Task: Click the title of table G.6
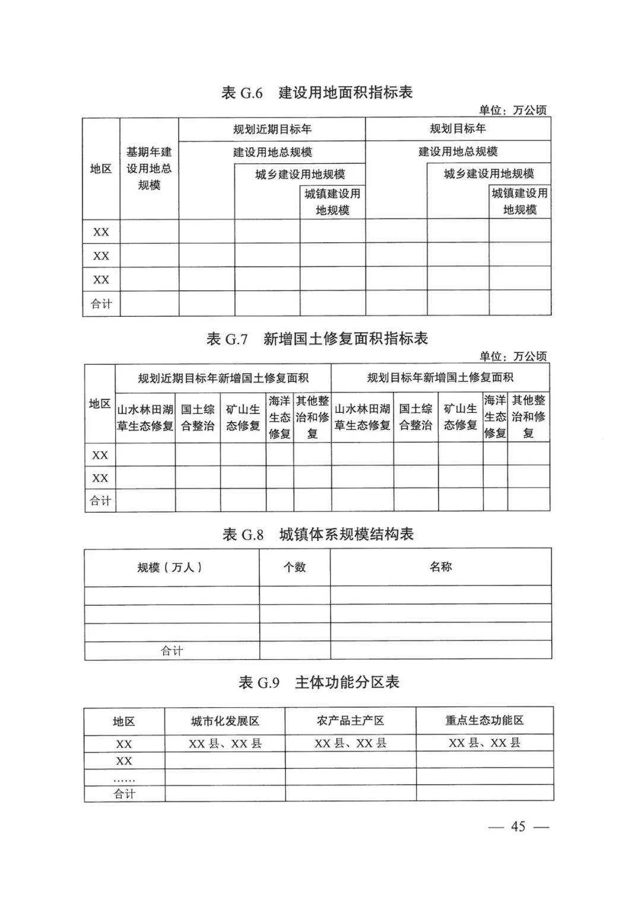click(316, 93)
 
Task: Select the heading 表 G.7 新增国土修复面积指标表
click(316, 339)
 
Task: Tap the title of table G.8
click(318, 535)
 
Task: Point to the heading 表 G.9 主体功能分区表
click(319, 682)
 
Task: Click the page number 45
click(518, 826)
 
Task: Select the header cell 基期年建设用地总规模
click(149, 169)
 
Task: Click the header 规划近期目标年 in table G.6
click(272, 129)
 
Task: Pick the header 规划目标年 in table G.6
click(458, 129)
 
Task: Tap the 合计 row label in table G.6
click(101, 304)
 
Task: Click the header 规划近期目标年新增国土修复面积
click(223, 378)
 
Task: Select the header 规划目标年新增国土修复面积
click(440, 377)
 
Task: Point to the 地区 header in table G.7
click(100, 404)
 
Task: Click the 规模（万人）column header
click(171, 567)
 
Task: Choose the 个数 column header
click(294, 567)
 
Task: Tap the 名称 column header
click(440, 567)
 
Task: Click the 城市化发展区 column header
click(225, 721)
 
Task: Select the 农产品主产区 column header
click(350, 720)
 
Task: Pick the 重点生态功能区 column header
click(484, 720)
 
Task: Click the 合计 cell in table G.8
click(172, 651)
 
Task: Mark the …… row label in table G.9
click(124, 778)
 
